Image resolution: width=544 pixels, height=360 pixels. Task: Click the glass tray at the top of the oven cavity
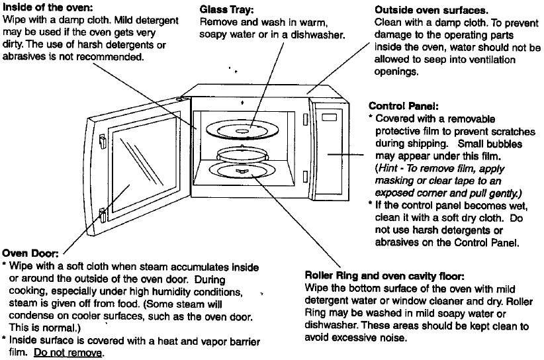[243, 129]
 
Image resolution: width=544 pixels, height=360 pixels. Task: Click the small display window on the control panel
[330, 118]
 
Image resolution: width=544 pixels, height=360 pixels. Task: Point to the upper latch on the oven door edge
[103, 140]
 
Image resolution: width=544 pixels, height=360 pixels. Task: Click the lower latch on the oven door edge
[103, 214]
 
